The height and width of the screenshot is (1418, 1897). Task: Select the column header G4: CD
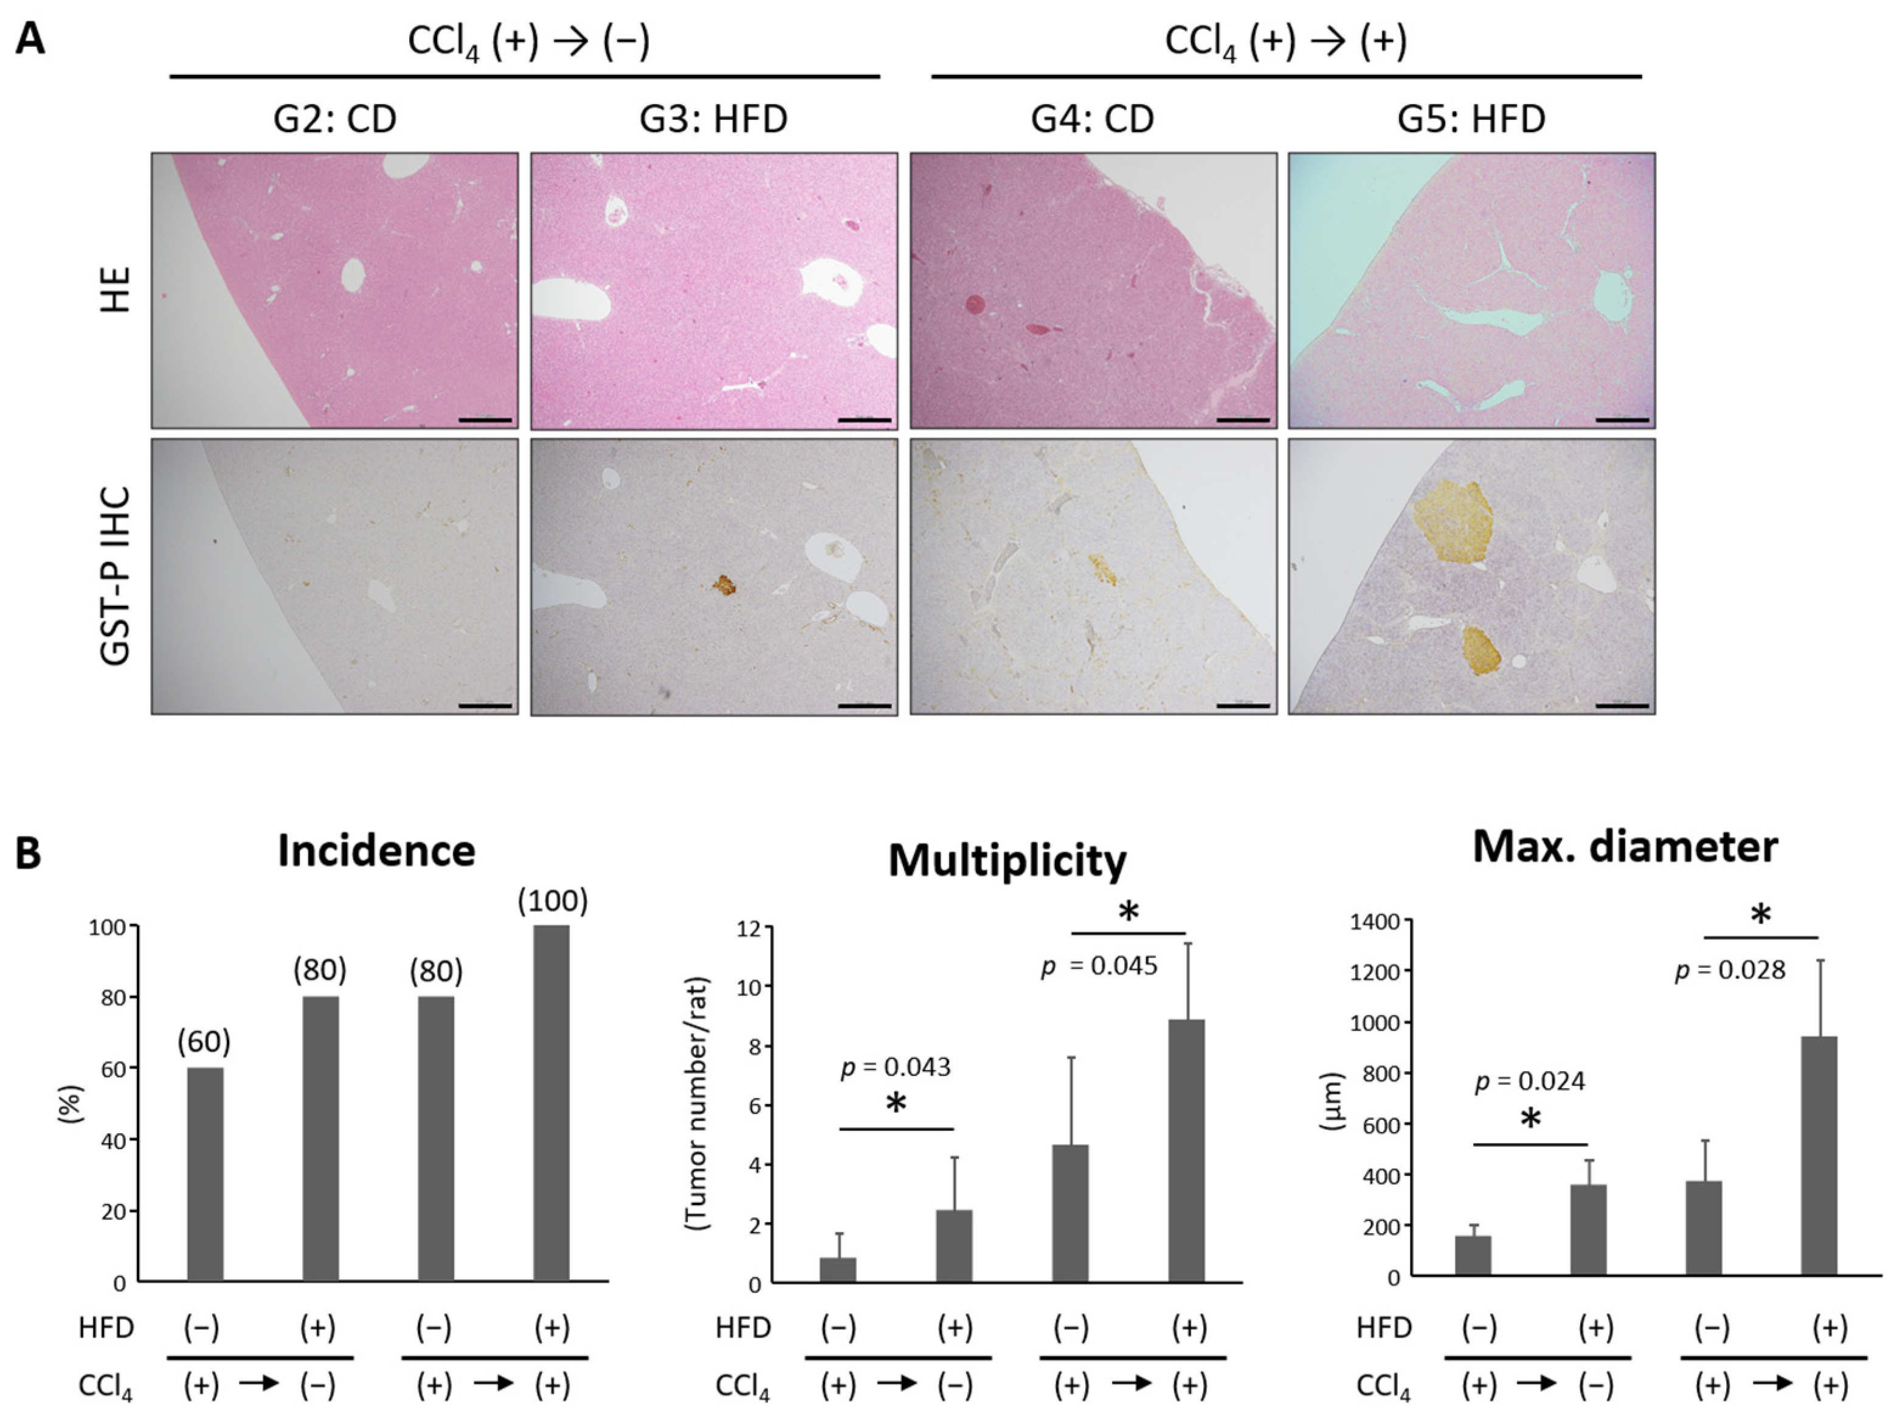1092,119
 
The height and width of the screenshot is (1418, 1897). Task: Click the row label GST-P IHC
115,577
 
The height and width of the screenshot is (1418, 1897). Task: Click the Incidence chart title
376,851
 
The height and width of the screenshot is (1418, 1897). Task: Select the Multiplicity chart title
1007,860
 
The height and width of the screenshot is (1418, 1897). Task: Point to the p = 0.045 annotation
1099,967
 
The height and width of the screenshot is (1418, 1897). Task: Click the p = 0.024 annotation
1530,1082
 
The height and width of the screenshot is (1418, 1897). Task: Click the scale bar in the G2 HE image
485,420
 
